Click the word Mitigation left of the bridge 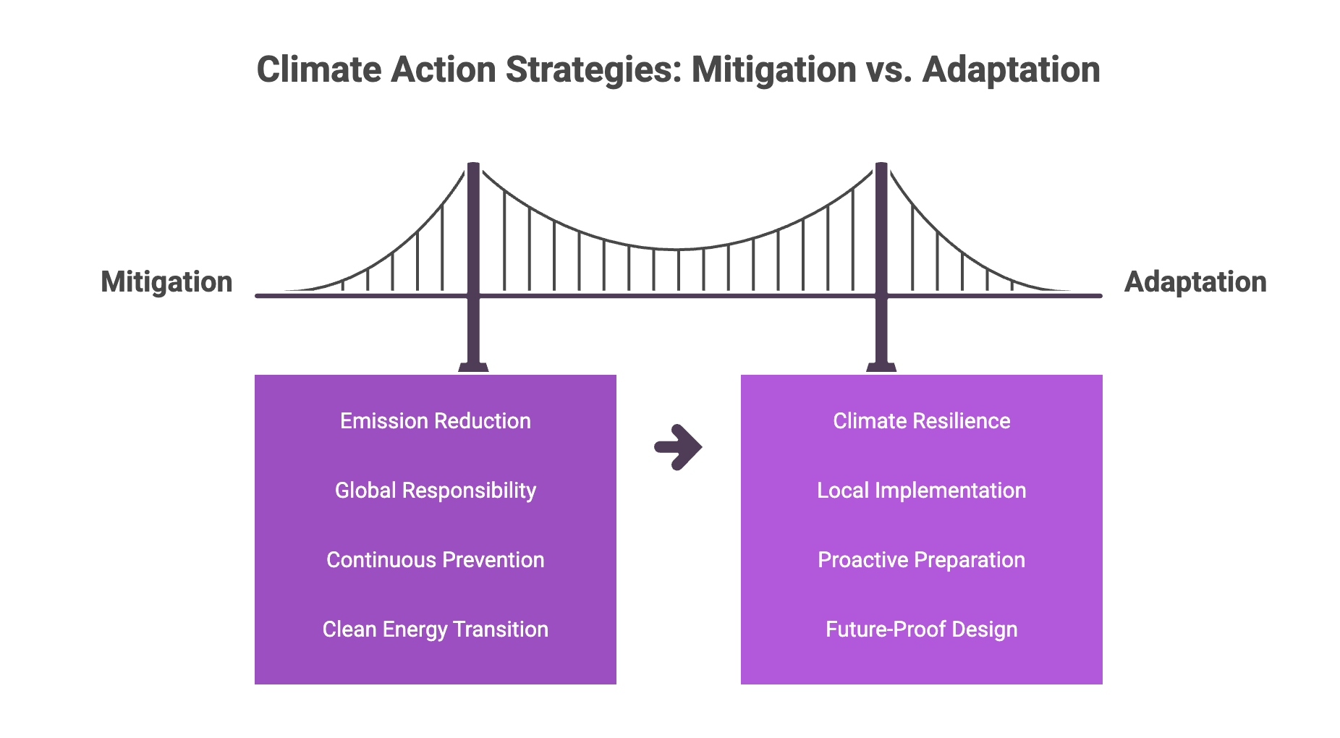coord(166,282)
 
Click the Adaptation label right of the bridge coord(1195,282)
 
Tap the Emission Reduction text coord(436,421)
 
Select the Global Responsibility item coord(436,491)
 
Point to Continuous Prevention coord(436,560)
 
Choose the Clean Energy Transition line coord(436,629)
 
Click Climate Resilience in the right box coord(922,421)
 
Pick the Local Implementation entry coord(922,491)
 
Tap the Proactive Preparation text coord(922,560)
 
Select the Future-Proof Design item coord(922,629)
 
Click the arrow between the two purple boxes coord(679,447)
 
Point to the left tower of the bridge coord(473,264)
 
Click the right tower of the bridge coord(881,264)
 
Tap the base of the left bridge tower coord(473,368)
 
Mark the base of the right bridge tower coord(881,368)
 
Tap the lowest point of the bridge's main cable coord(679,250)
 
